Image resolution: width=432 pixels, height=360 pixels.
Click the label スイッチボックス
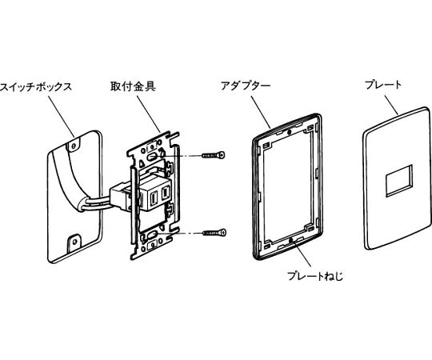(36, 86)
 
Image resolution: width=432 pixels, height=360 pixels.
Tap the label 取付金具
(133, 86)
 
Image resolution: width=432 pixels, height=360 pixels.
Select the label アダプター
(246, 86)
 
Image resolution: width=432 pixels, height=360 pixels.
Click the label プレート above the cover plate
(383, 85)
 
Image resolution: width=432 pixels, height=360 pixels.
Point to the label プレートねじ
(315, 276)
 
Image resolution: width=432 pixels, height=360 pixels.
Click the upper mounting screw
(214, 155)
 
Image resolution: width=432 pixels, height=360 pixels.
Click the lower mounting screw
(214, 233)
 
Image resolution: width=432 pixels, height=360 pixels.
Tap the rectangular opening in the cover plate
(399, 181)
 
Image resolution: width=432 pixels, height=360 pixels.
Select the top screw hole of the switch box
(73, 146)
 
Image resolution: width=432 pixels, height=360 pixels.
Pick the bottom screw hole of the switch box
(74, 242)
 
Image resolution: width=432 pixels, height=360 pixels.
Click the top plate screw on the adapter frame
(289, 132)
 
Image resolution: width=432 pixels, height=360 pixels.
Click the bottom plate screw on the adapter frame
(291, 241)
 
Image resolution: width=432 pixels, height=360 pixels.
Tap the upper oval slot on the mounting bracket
(152, 157)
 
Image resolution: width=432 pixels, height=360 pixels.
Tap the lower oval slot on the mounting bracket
(153, 234)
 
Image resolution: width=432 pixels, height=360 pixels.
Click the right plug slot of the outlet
(166, 192)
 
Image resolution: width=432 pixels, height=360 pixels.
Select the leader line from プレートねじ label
(302, 254)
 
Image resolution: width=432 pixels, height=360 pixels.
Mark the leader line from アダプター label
(261, 112)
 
